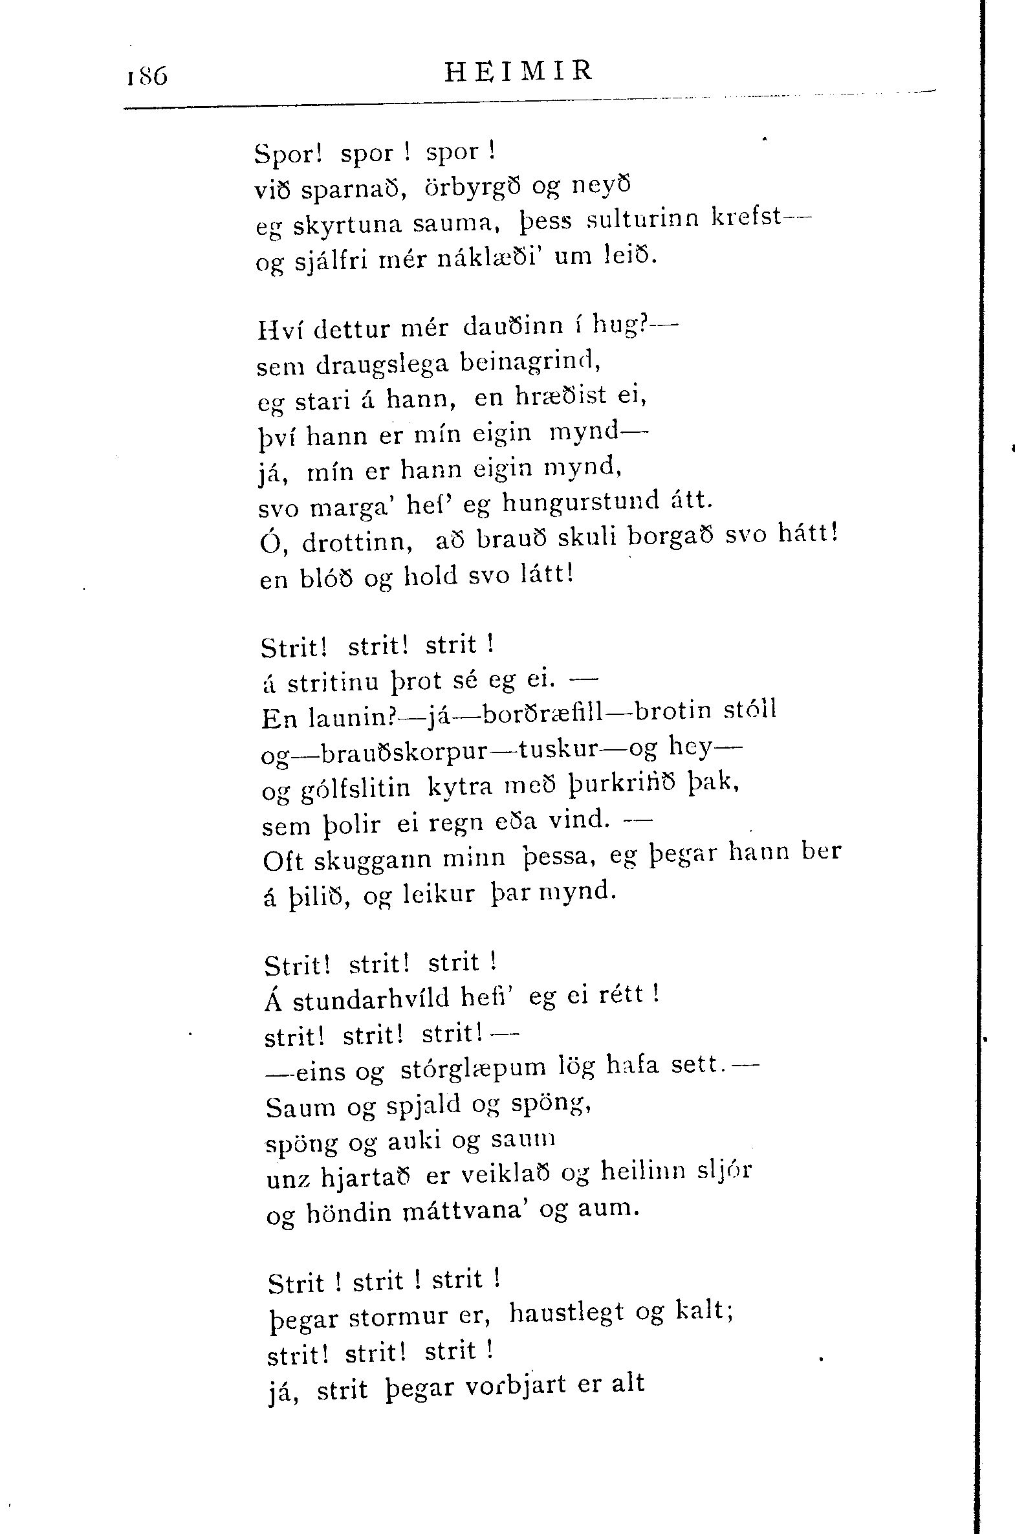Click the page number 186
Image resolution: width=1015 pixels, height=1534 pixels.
pos(147,76)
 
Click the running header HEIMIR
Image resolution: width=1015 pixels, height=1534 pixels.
pos(519,71)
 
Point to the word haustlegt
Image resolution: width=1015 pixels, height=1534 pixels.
pos(567,1313)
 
